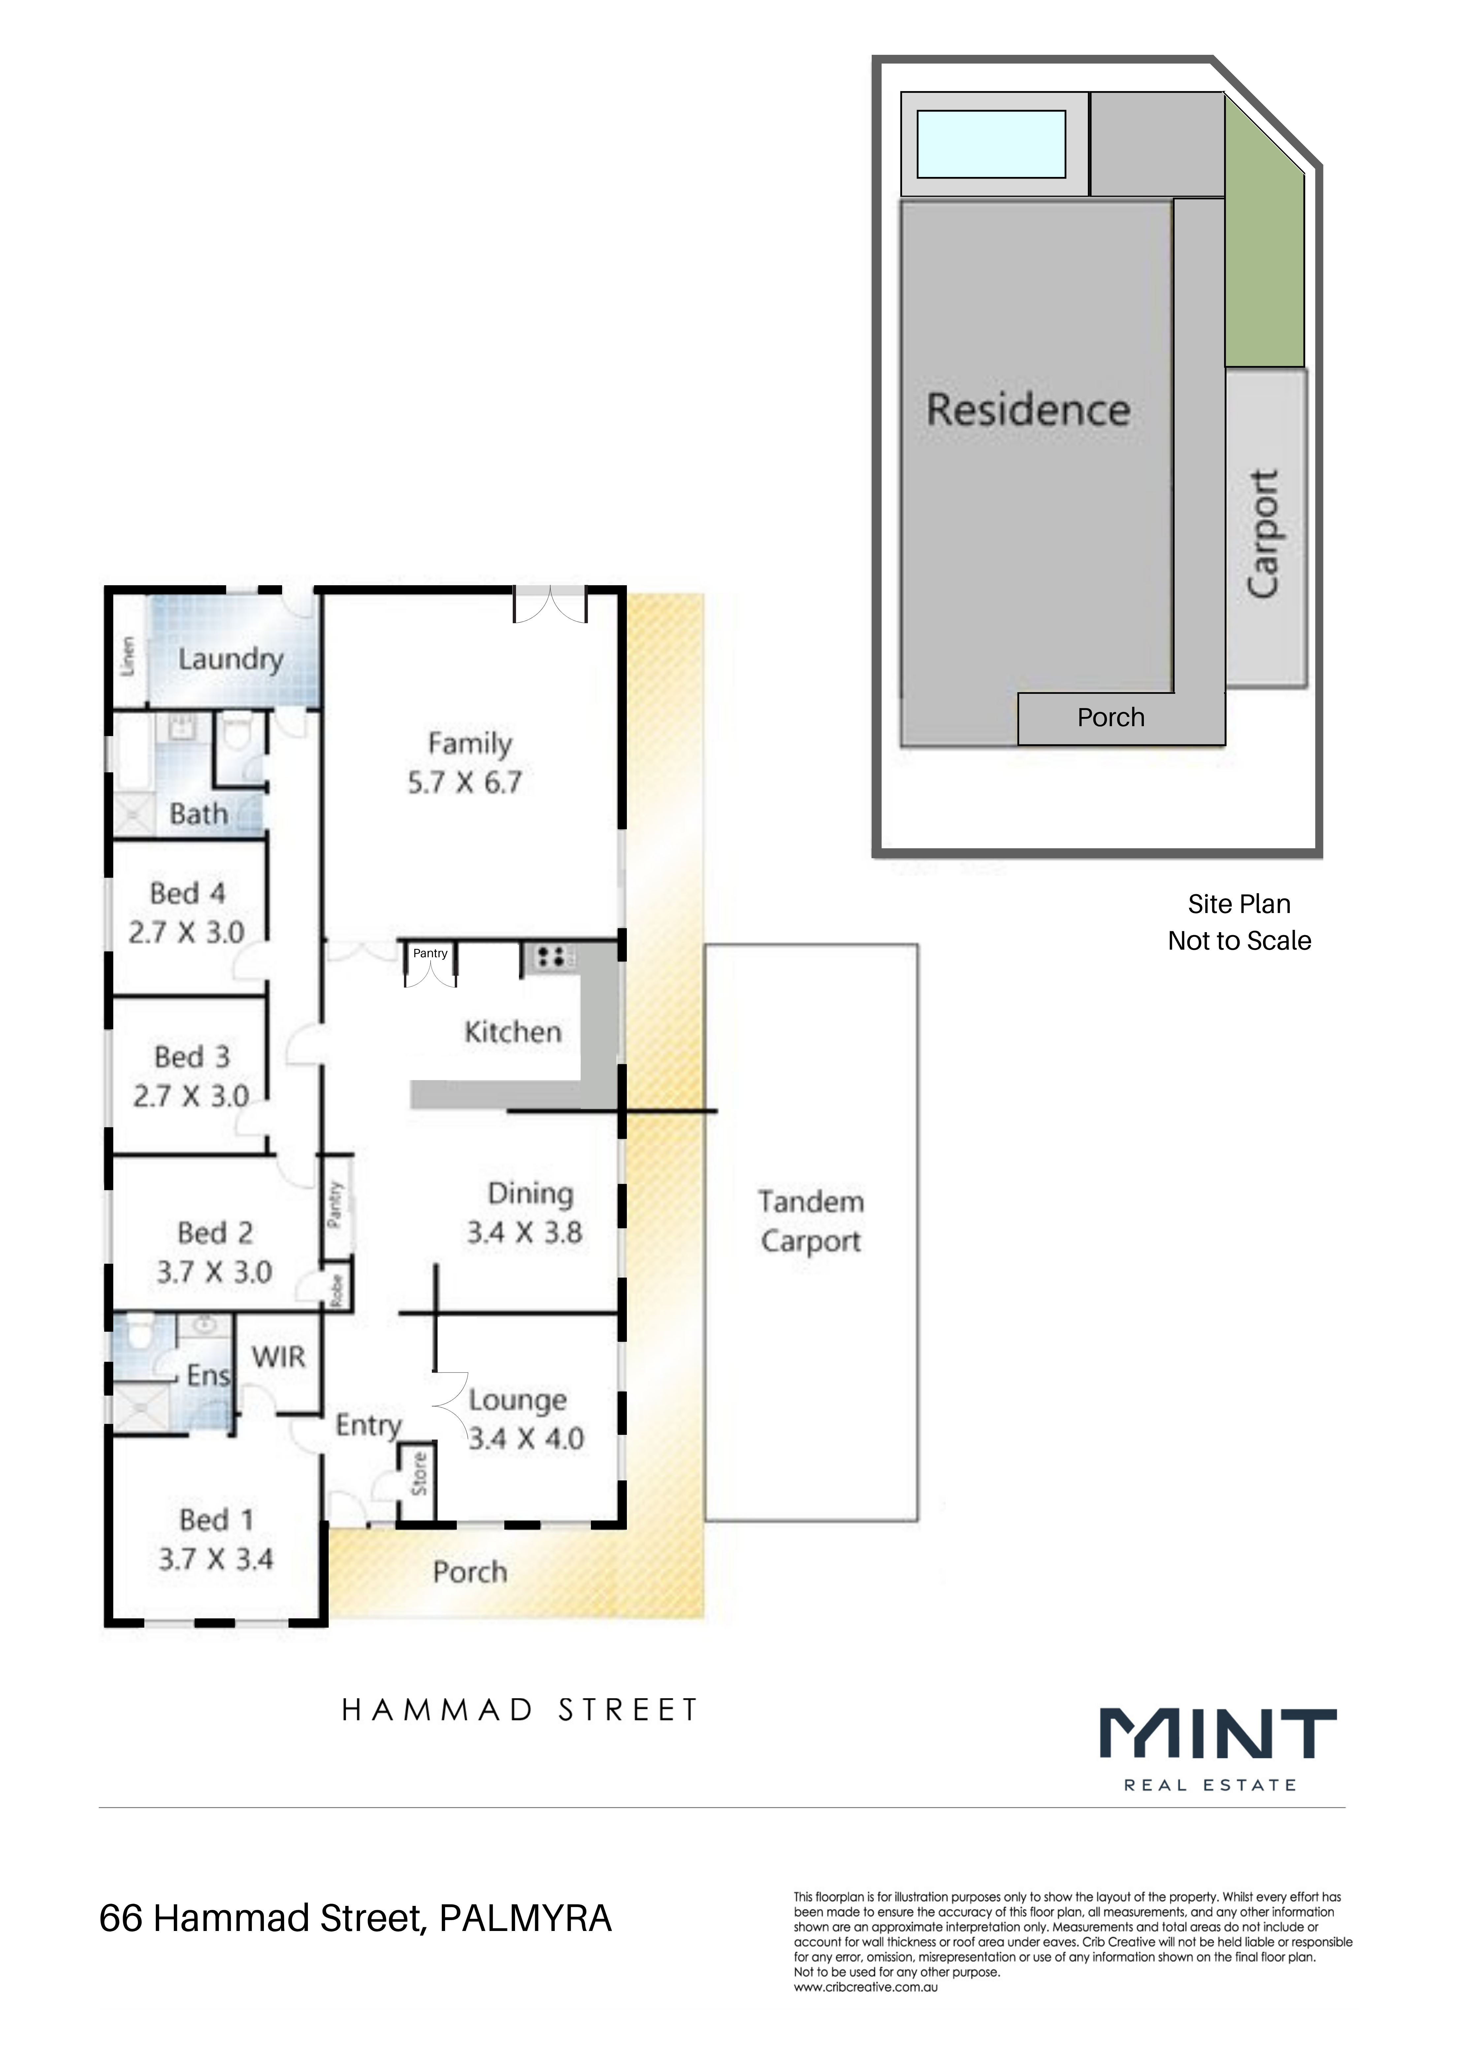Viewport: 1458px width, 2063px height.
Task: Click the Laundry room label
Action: click(x=231, y=659)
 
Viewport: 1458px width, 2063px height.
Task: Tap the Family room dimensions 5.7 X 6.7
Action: click(x=465, y=783)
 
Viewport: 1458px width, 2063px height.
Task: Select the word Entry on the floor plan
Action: click(x=368, y=1426)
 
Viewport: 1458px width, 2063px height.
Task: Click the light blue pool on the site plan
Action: click(x=991, y=144)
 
